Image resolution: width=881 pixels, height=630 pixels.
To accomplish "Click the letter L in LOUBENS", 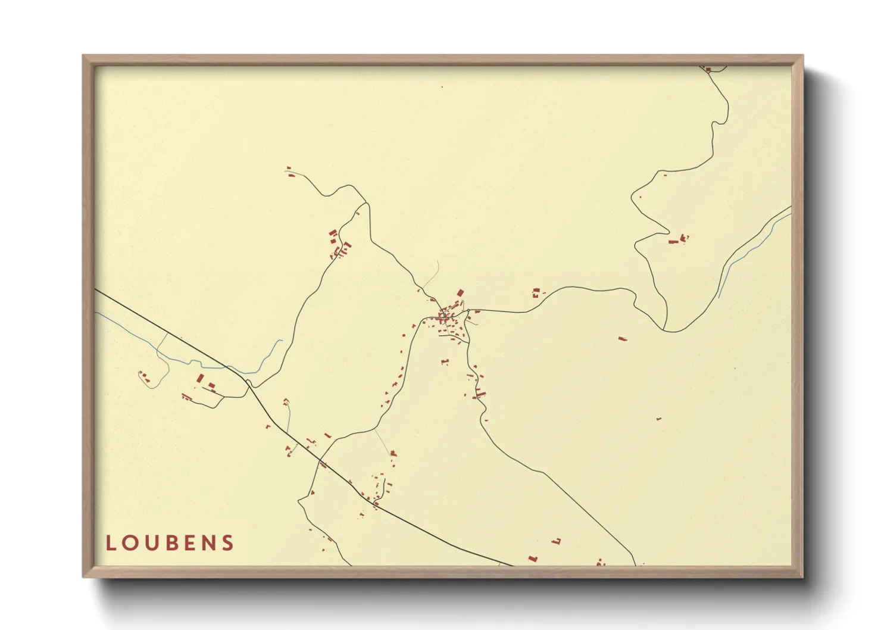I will tap(110, 543).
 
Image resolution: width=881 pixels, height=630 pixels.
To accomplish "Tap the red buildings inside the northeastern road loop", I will tap(676, 241).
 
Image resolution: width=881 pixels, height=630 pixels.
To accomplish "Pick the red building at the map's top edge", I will tap(708, 70).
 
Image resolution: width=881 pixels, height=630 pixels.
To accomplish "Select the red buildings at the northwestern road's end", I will tap(290, 174).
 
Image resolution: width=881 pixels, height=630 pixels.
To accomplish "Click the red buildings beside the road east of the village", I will tap(536, 292).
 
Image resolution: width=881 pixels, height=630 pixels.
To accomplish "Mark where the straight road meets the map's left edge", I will tap(96, 290).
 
